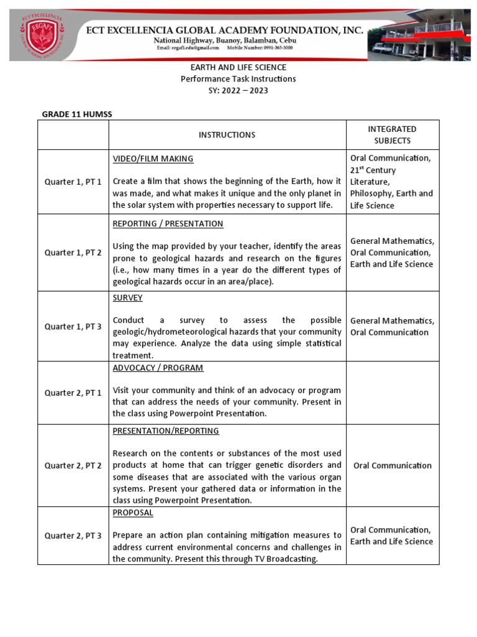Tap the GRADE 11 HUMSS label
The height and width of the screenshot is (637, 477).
[76, 114]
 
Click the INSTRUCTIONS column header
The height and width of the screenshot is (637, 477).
[227, 135]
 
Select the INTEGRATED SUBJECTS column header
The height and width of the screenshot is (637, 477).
[393, 135]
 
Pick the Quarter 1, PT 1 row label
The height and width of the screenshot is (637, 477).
[73, 182]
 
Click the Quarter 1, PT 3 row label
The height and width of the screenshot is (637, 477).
[73, 327]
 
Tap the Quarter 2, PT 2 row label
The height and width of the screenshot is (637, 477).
[73, 465]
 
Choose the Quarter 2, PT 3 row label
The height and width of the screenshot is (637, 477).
[73, 536]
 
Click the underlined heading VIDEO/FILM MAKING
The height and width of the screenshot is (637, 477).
[153, 159]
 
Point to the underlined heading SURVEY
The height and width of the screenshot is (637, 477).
[127, 297]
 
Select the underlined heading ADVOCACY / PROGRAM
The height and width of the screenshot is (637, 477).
[158, 368]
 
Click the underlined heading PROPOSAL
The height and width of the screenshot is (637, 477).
[132, 513]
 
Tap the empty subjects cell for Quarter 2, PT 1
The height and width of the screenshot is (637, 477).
[393, 393]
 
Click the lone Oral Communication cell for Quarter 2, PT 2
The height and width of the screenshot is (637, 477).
[393, 465]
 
